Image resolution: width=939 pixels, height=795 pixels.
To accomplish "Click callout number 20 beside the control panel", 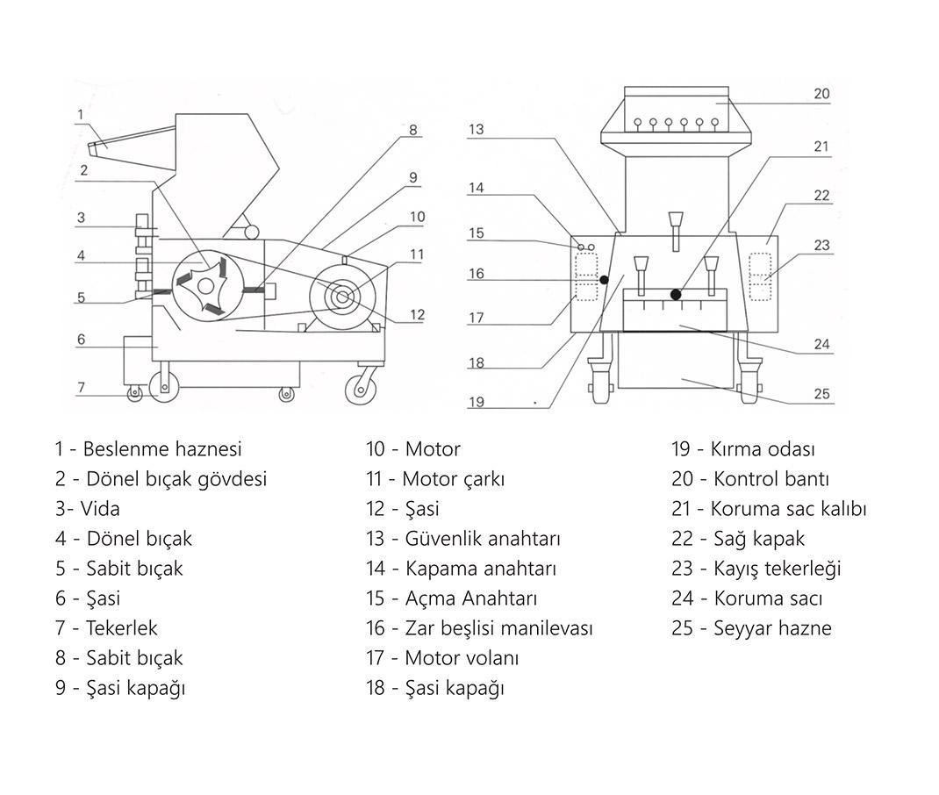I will pyautogui.click(x=821, y=93).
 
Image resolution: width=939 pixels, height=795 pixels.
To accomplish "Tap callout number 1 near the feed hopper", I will pyautogui.click(x=80, y=114).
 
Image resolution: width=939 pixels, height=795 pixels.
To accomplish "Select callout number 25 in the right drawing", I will pyautogui.click(x=821, y=394).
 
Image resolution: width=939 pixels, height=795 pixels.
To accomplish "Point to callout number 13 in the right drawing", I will pyautogui.click(x=476, y=129).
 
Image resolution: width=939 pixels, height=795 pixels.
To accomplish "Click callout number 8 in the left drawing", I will pyautogui.click(x=412, y=130).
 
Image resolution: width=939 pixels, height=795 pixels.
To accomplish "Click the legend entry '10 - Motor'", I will pyautogui.click(x=412, y=449).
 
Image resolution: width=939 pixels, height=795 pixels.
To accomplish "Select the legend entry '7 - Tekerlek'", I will pyautogui.click(x=106, y=628).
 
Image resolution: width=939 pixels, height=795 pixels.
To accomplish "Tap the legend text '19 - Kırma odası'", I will pyautogui.click(x=742, y=449).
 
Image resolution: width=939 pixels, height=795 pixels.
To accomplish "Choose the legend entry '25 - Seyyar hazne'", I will pyautogui.click(x=751, y=628).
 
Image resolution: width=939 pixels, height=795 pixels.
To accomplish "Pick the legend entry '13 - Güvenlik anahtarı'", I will pyautogui.click(x=462, y=539).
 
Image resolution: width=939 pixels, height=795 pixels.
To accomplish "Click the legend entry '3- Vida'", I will pyautogui.click(x=87, y=509).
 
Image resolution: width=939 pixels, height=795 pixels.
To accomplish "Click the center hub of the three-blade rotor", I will pyautogui.click(x=205, y=285).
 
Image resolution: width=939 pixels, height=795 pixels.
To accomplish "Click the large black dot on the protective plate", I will pyautogui.click(x=676, y=295).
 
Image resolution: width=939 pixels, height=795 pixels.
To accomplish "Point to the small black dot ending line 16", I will pyautogui.click(x=605, y=279).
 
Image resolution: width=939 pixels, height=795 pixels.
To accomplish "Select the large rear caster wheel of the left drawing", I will pyautogui.click(x=360, y=387).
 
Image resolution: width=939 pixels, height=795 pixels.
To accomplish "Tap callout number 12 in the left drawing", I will pyautogui.click(x=418, y=314).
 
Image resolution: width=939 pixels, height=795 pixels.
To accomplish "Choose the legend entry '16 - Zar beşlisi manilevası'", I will pyautogui.click(x=479, y=628).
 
